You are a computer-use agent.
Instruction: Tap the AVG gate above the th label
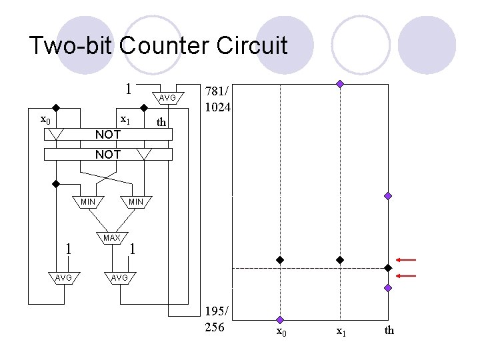[x=167, y=99]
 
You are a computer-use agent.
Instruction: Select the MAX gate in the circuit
[x=112, y=238]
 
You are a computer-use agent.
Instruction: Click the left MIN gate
[x=87, y=202]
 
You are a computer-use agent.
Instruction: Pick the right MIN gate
[x=136, y=202]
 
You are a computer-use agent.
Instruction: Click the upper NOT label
[x=108, y=135]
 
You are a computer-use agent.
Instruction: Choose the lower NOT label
[x=108, y=155]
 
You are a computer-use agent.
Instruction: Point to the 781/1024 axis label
[x=218, y=98]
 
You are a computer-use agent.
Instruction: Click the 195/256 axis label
[x=219, y=319]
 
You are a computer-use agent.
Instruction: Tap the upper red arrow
[x=406, y=259]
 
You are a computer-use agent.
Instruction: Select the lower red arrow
[x=406, y=275]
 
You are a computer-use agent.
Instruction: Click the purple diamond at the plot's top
[x=340, y=84]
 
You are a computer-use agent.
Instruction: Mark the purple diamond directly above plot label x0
[x=281, y=320]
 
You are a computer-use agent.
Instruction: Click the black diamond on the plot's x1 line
[x=339, y=259]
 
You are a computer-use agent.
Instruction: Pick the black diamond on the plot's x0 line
[x=281, y=259]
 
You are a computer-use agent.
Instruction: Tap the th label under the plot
[x=389, y=331]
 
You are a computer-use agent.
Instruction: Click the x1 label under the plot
[x=340, y=331]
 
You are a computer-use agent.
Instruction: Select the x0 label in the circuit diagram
[x=45, y=120]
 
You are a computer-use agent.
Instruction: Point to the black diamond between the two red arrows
[x=388, y=268]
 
